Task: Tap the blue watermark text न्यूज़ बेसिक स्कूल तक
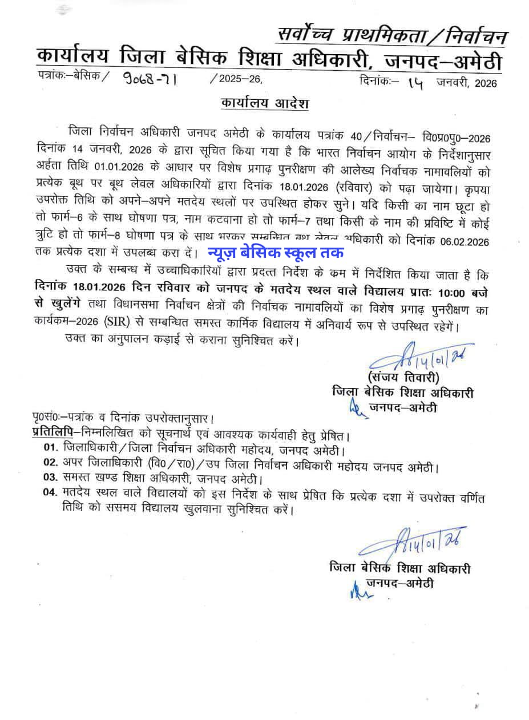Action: (x=275, y=252)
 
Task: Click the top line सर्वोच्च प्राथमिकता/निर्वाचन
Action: (x=391, y=36)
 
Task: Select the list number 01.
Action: (x=51, y=447)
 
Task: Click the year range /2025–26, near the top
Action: (x=236, y=80)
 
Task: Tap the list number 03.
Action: (x=51, y=478)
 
